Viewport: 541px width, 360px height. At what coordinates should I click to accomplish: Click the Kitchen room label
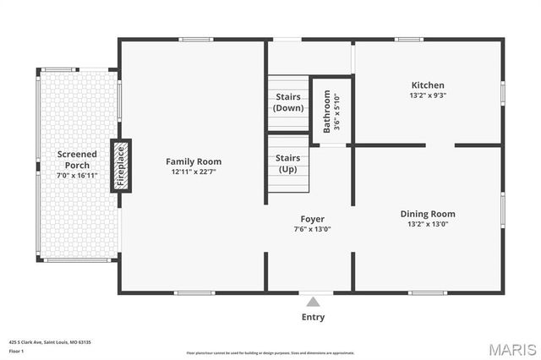(428, 85)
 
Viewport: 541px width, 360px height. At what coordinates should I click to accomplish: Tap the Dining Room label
(428, 214)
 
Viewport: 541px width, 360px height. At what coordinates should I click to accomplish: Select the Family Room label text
(194, 161)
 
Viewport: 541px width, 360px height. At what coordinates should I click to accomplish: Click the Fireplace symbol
(121, 166)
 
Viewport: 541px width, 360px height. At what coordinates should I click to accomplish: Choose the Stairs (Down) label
(288, 102)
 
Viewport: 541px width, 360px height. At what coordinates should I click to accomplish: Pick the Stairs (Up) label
(288, 163)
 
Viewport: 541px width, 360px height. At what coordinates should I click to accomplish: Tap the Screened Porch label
(77, 159)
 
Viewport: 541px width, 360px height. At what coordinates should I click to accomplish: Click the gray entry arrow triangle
(313, 302)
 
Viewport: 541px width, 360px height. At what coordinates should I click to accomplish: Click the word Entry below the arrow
(313, 318)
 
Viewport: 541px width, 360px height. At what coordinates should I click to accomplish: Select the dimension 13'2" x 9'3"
(428, 95)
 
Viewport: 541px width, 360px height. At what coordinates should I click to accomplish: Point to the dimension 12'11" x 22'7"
(194, 172)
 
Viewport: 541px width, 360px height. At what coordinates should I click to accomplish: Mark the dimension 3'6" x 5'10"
(336, 112)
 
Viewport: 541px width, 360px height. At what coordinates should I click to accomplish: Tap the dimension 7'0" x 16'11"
(77, 176)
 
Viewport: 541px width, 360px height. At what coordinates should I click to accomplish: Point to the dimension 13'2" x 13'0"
(428, 224)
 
